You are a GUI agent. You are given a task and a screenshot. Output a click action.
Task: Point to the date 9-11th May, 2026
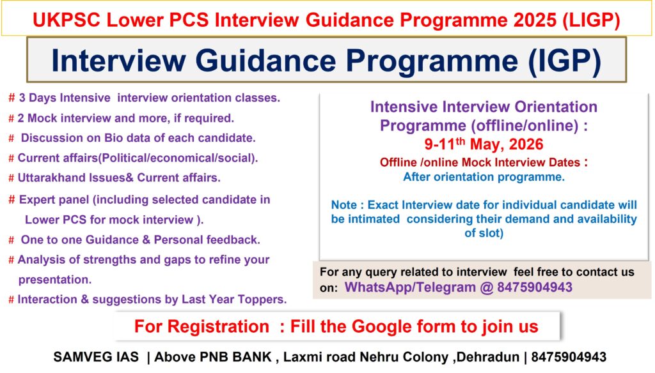click(x=484, y=144)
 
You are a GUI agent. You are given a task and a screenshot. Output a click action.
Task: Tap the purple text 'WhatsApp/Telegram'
click(x=409, y=288)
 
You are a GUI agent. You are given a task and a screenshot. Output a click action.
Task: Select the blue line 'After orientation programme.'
click(x=484, y=178)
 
